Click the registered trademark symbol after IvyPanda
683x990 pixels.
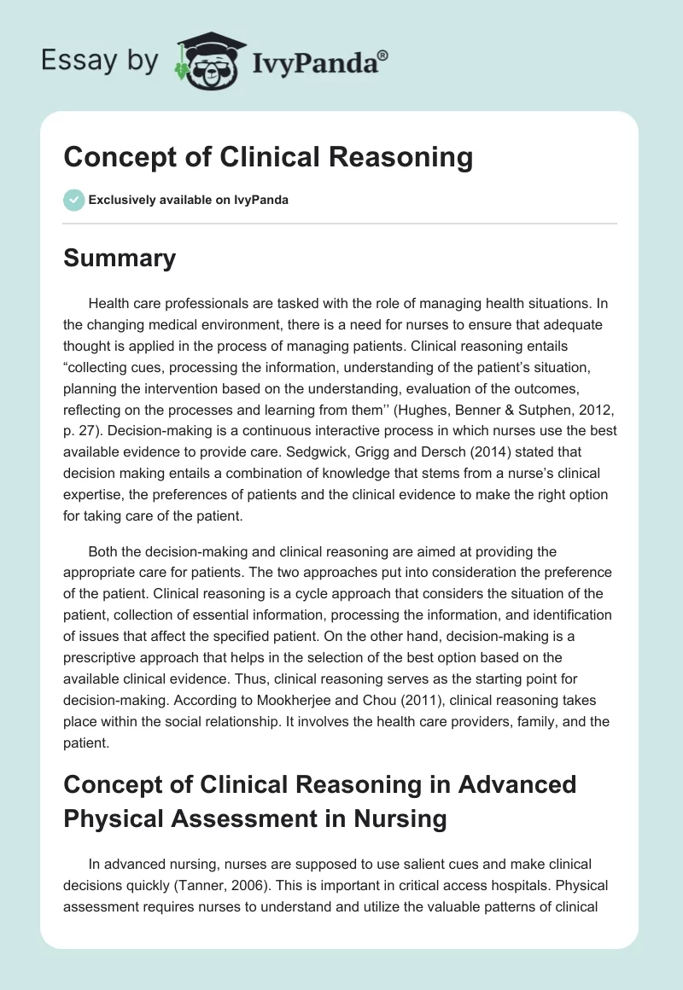pyautogui.click(x=383, y=55)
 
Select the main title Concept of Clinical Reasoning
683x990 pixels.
pyautogui.click(x=268, y=157)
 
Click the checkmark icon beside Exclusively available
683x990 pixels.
pyautogui.click(x=73, y=200)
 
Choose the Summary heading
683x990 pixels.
pyautogui.click(x=120, y=258)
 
